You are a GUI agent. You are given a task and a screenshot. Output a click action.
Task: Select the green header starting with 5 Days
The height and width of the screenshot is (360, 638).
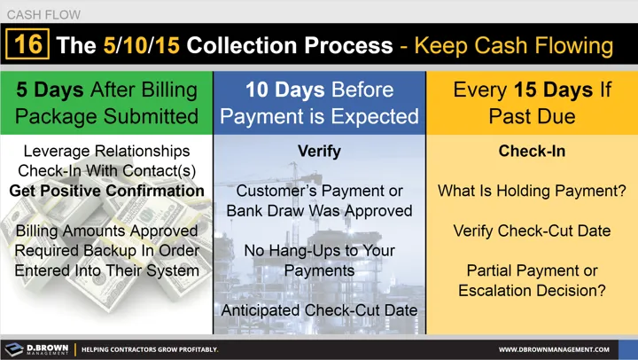pos(106,102)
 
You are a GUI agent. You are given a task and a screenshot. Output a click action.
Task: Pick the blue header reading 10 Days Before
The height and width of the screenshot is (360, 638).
pos(319,102)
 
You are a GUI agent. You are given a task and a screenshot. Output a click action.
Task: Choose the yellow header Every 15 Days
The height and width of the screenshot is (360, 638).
pos(532,102)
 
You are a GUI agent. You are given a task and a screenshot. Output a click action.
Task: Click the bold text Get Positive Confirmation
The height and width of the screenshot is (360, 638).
pos(106,191)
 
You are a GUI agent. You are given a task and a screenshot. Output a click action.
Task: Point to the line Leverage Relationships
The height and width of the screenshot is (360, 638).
pos(106,152)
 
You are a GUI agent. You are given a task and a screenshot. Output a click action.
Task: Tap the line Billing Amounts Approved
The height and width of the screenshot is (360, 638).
pos(106,231)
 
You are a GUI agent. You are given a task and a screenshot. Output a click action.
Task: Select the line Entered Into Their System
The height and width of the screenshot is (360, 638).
pos(106,270)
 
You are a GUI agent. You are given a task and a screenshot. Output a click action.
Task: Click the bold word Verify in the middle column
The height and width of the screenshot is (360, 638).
pos(319,152)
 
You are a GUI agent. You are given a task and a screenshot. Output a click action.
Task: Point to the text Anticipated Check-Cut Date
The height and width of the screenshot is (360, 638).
pos(319,309)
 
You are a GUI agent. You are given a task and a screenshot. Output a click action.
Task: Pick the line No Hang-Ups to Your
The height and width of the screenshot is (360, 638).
pos(319,250)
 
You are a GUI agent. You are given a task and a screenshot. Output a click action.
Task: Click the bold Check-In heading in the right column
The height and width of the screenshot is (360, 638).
pos(532,152)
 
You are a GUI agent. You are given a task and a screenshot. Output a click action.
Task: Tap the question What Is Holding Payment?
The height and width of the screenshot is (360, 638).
pos(532,191)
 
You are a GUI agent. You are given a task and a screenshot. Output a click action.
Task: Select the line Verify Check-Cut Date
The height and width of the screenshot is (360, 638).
pos(532,231)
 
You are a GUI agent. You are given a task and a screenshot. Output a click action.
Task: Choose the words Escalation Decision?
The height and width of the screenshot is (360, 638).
pos(532,289)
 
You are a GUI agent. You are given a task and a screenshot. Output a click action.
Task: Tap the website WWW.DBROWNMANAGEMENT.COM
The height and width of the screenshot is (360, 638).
pos(561,349)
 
